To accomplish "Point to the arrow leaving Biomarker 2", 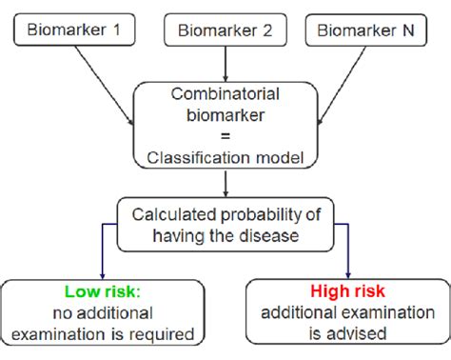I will click(x=225, y=64).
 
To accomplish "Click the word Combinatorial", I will click(x=225, y=95).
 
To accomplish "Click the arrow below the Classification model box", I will click(x=225, y=183).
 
